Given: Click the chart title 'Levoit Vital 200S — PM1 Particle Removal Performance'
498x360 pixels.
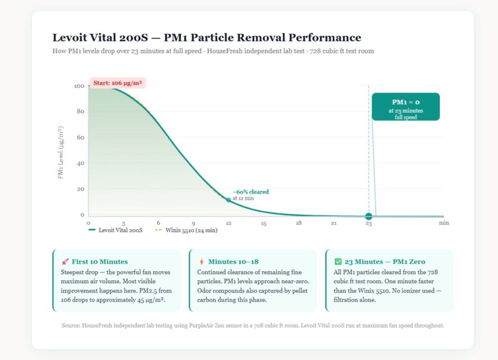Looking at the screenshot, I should [x=207, y=37].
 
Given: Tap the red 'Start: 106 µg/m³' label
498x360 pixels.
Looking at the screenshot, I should [x=118, y=83].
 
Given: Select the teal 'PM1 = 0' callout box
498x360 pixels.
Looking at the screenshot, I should [x=406, y=107].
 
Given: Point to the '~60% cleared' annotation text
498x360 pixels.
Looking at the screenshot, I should [x=250, y=192].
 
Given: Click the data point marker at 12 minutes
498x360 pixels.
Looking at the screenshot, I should [x=229, y=200].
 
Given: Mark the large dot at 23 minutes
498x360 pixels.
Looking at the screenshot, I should [x=369, y=216].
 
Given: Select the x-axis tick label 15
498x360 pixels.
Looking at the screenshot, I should [x=264, y=223].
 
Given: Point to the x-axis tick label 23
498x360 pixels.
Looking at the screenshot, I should [x=369, y=224].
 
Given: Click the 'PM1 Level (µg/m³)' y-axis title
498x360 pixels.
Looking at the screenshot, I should [x=61, y=153].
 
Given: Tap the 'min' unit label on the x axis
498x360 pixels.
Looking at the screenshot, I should [x=444, y=223].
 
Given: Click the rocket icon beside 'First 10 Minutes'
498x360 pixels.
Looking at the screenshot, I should [x=65, y=262].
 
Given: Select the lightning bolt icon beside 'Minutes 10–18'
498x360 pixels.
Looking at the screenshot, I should [x=201, y=262].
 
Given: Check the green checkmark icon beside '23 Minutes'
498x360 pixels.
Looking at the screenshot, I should [x=338, y=262].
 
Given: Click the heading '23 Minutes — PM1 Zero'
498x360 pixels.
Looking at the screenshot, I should [x=385, y=262].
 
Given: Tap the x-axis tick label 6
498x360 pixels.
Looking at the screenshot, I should [x=159, y=223].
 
